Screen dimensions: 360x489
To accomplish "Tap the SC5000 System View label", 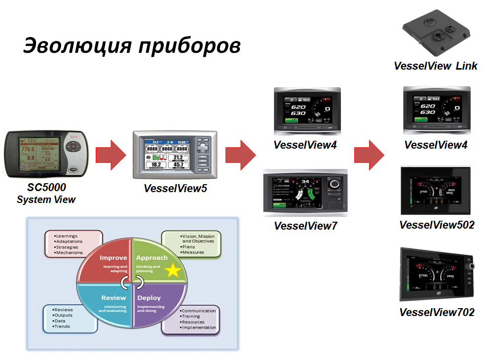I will [x=46, y=194].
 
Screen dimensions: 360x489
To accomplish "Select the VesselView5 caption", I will [x=175, y=188].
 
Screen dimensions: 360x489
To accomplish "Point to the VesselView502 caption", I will [x=437, y=225].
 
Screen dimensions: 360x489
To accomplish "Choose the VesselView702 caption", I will [x=437, y=312].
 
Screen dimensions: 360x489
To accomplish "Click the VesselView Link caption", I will [x=436, y=66].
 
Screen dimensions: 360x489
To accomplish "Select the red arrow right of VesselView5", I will [x=240, y=155].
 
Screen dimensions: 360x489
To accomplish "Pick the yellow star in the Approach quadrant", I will [x=173, y=271].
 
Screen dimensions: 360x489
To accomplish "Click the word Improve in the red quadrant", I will [x=113, y=258].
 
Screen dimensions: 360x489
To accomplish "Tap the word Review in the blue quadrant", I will [x=114, y=298].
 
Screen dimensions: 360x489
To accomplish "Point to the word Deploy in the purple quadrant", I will [x=149, y=298].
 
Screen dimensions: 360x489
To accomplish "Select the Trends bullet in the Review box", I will [x=63, y=326].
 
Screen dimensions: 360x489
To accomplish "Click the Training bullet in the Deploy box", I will [x=191, y=316].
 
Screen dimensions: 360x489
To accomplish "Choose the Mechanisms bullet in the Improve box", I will [x=69, y=253].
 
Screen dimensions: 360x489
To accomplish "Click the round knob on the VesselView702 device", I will [x=471, y=267].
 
